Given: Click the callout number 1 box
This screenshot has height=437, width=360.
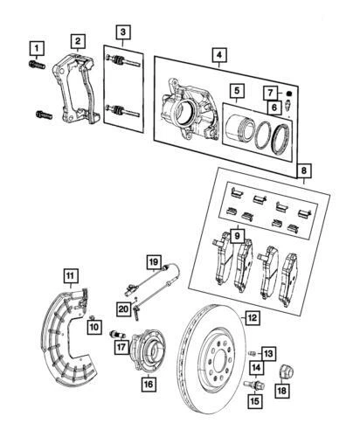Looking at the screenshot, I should (36, 46).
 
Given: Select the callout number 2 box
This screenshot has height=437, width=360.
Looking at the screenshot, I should (79, 41).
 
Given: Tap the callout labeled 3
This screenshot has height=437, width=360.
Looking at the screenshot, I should (124, 33).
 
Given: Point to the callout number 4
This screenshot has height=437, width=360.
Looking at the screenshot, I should (217, 55).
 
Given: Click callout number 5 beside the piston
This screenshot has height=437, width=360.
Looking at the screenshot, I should (236, 90).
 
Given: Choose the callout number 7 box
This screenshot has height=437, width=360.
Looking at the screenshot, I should (272, 92).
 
